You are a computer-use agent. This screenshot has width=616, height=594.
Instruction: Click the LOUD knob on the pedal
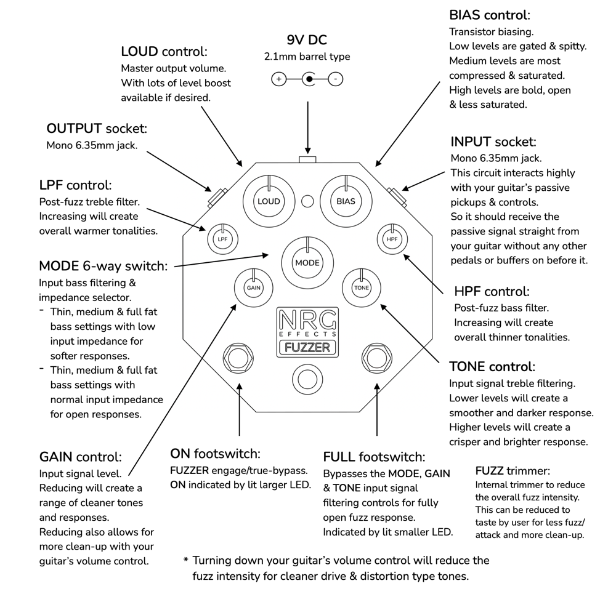coord(269,201)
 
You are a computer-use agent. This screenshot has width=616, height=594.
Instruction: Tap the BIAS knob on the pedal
coord(346,201)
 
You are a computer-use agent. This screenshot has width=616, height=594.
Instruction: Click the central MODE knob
coord(307,262)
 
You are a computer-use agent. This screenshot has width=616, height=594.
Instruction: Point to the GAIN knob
coord(253,287)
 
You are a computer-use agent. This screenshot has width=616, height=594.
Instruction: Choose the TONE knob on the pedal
coord(361,287)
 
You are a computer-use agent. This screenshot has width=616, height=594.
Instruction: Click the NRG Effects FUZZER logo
coord(307,332)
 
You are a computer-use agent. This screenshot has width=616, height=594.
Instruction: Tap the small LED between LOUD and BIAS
coord(307,201)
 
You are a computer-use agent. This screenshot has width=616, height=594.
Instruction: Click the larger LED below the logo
coord(307,377)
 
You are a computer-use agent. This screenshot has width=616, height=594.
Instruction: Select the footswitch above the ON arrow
coord(238,358)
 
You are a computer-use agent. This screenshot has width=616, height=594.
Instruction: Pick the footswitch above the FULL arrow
coord(376,358)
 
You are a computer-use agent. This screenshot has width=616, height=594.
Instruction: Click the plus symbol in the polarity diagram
coord(278,79)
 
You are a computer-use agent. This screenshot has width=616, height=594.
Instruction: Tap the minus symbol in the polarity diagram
coord(336,79)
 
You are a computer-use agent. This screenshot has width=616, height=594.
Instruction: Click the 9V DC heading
coord(307,41)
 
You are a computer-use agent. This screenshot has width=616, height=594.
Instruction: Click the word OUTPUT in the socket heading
coord(74,129)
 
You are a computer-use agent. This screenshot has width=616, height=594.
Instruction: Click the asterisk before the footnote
coord(185,561)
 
